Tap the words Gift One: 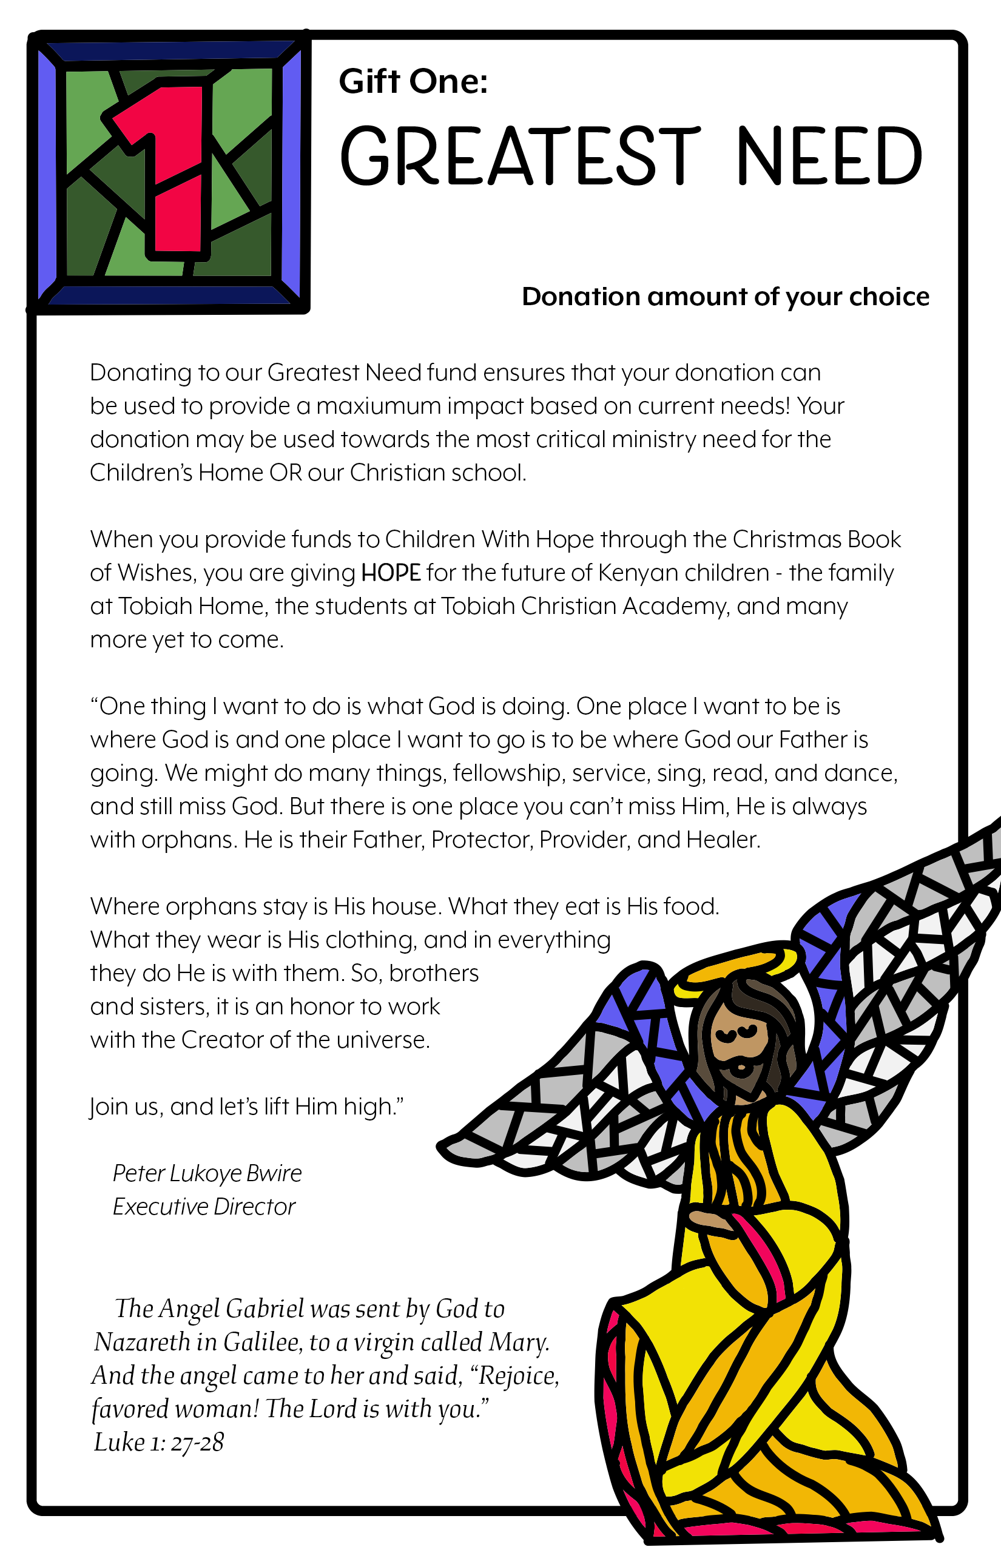413,82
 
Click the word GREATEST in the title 520,156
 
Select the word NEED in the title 829,156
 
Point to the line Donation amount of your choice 725,297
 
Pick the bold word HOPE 391,573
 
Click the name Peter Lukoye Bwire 207,1173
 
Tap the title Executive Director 203,1207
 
